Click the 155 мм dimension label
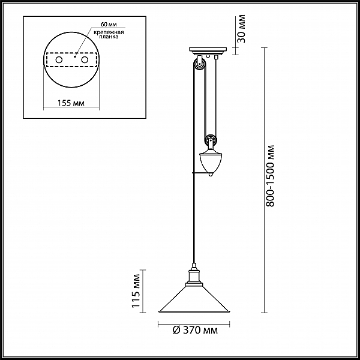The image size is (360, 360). (71, 103)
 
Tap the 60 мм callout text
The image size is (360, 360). (109, 25)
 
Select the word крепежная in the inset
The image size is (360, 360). (109, 32)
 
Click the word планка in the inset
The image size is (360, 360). (109, 37)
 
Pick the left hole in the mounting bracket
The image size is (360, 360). (59, 59)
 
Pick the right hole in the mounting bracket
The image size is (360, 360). (85, 59)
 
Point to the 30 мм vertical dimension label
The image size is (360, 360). (241, 29)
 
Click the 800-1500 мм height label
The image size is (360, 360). (271, 176)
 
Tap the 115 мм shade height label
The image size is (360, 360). (136, 291)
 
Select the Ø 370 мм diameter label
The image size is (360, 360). (195, 330)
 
